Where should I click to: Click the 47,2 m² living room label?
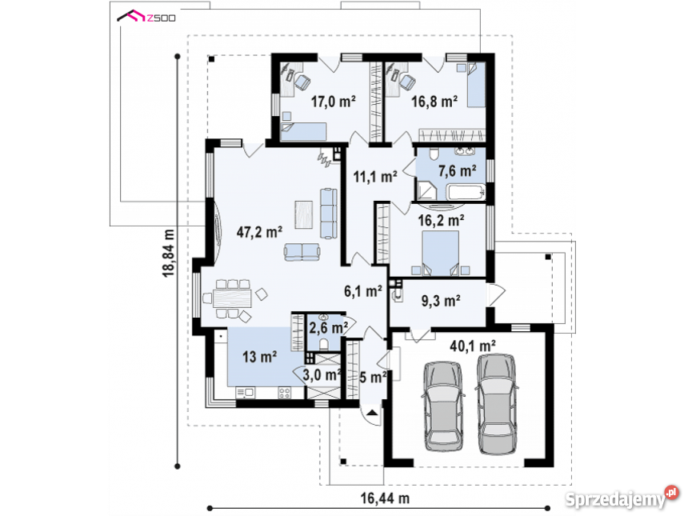tap(259, 232)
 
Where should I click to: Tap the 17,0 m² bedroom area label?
tap(333, 102)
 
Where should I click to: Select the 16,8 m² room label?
tap(434, 102)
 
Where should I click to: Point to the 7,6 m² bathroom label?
tap(457, 170)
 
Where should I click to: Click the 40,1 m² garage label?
tap(473, 346)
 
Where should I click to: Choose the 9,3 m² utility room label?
tap(441, 301)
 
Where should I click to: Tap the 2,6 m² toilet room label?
tap(328, 327)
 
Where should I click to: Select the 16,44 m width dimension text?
tap(385, 498)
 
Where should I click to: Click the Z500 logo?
tap(146, 17)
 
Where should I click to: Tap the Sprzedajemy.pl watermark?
tap(622, 498)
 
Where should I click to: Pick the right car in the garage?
tap(497, 404)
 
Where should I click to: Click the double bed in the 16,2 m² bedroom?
tap(441, 253)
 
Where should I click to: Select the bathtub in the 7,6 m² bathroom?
tap(466, 192)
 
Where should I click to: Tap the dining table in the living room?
tap(233, 298)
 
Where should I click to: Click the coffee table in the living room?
tap(304, 214)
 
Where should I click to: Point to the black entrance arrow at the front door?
tap(372, 413)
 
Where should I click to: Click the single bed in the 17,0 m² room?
tap(304, 131)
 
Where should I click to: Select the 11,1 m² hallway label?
tap(375, 177)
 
